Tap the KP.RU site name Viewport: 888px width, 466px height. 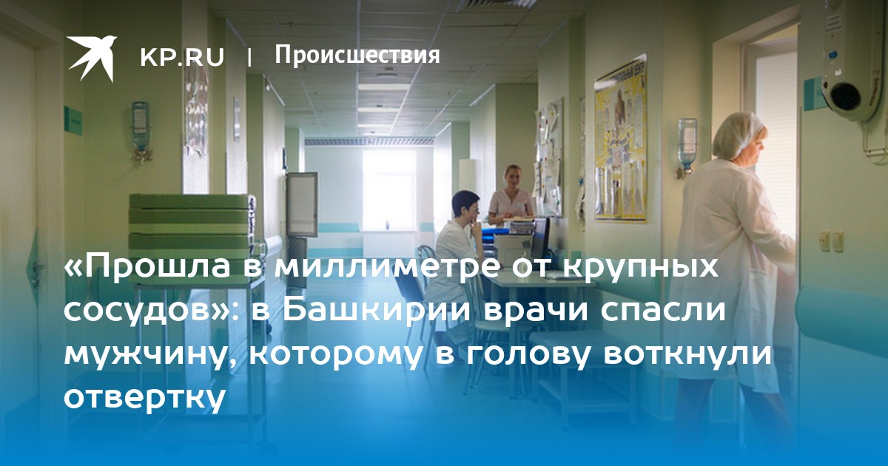click(182, 58)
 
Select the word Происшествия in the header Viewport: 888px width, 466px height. click(357, 55)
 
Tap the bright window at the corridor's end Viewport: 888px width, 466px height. click(389, 190)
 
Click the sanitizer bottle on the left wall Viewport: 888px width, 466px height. click(141, 132)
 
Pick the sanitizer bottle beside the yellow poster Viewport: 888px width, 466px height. click(687, 147)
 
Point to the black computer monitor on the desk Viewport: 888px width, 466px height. click(540, 238)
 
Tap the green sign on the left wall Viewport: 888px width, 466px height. click(73, 121)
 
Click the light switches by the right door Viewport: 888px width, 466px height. click(831, 241)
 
